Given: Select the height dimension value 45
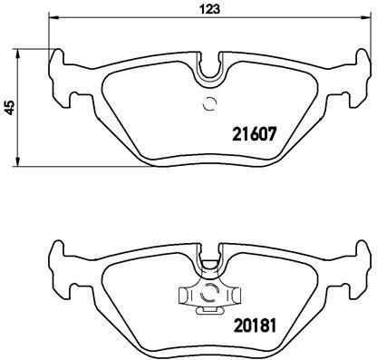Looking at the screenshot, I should (x=9, y=106).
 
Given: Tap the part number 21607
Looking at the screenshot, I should (x=250, y=132).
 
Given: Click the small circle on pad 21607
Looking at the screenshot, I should (x=208, y=102).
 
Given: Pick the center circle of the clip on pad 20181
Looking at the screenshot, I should (x=208, y=294).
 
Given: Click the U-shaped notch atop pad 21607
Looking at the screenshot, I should (x=208, y=68).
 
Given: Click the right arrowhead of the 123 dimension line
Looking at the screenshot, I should (x=364, y=19).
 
